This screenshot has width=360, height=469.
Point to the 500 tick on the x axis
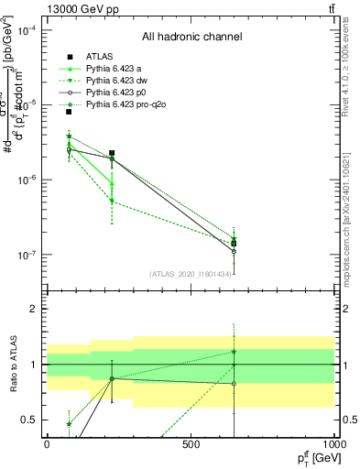click(x=191, y=444)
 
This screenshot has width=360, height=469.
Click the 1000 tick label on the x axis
click(x=334, y=444)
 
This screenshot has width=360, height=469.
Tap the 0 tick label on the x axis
click(x=47, y=444)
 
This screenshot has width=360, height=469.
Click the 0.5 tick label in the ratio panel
click(x=28, y=420)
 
